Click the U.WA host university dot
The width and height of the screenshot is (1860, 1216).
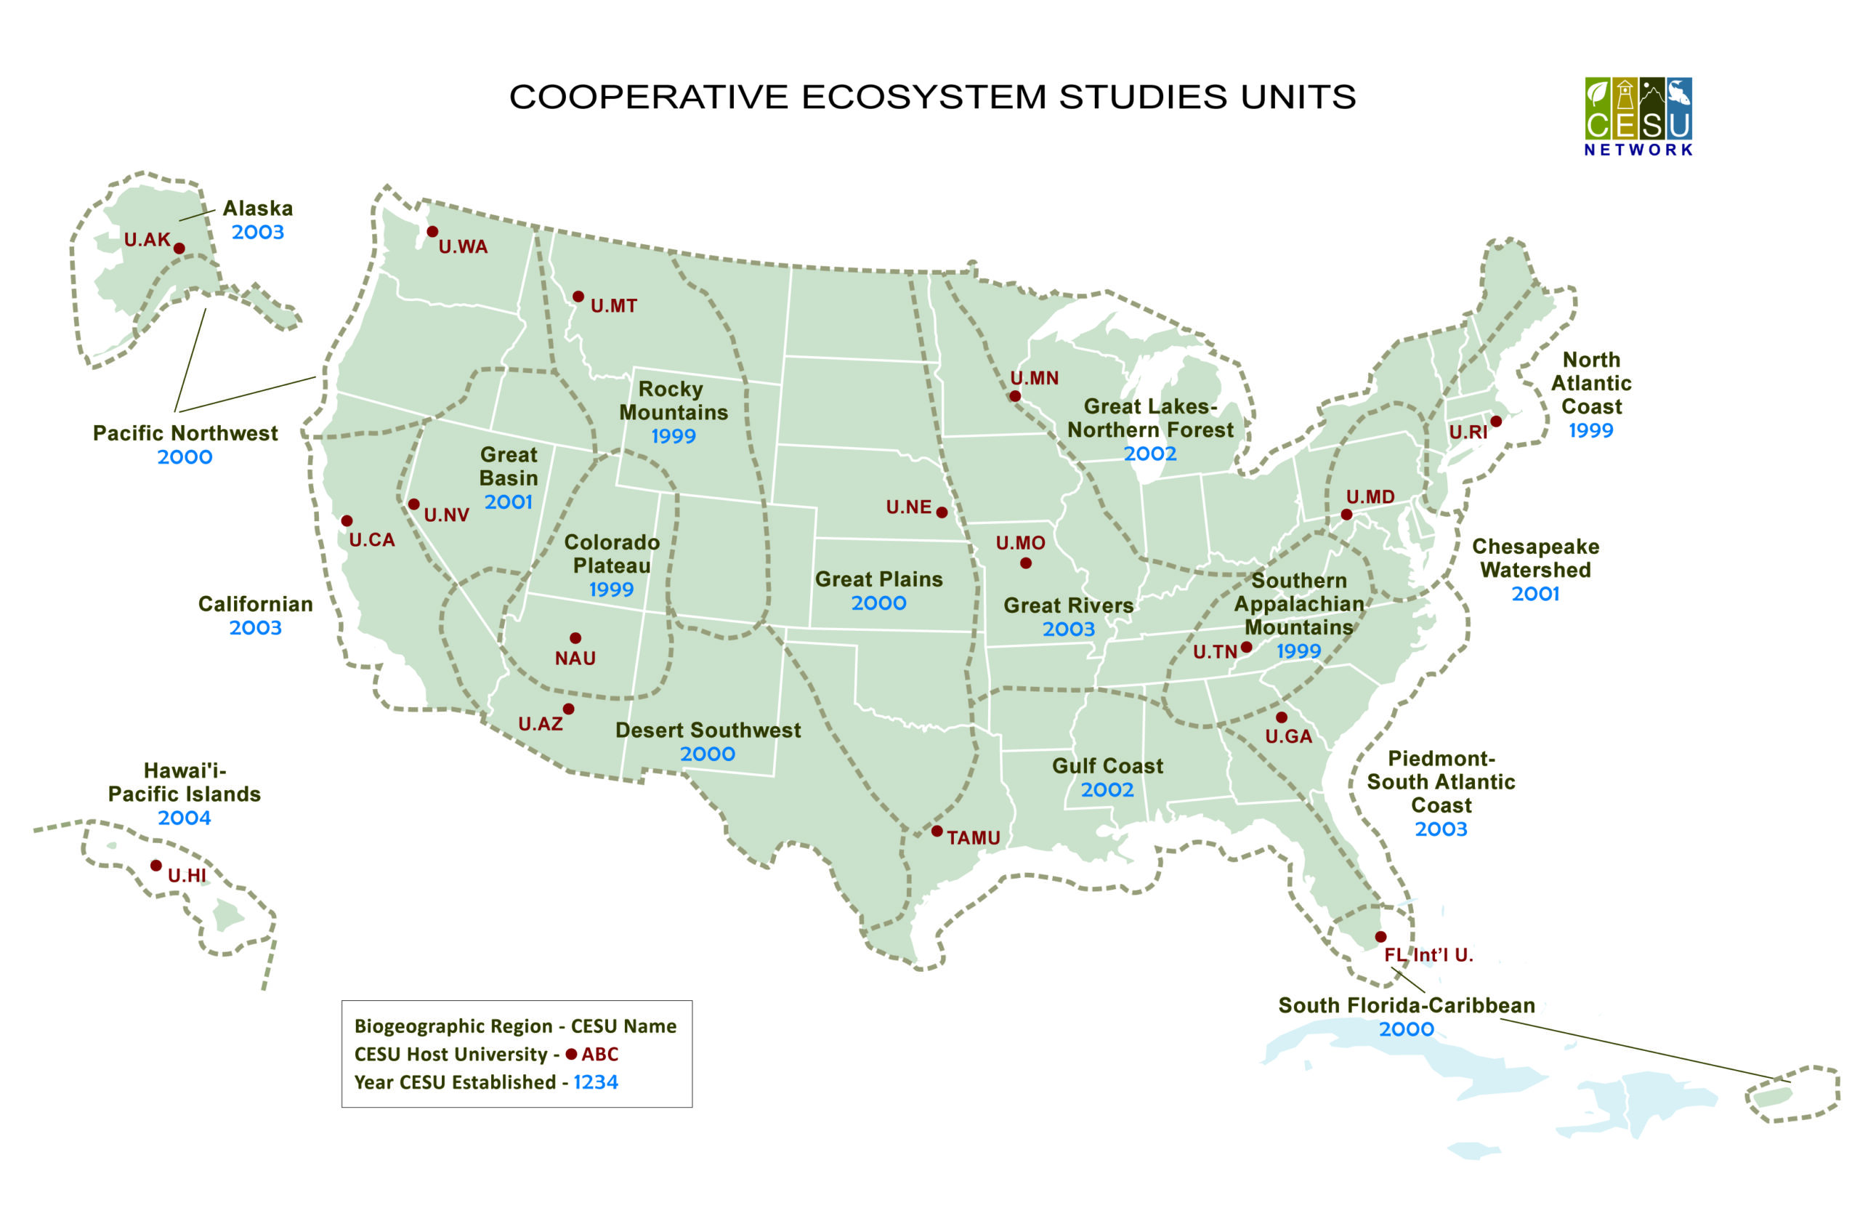432,231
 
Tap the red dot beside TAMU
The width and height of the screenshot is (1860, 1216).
937,831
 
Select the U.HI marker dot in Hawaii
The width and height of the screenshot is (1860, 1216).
156,865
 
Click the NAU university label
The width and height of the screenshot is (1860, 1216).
575,659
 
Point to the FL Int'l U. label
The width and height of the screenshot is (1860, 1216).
1428,955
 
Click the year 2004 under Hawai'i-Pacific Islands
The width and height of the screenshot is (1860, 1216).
185,818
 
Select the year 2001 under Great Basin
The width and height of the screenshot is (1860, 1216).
508,502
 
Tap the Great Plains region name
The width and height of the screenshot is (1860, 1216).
878,579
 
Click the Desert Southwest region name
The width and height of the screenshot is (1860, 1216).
708,730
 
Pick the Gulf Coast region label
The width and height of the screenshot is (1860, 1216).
1107,766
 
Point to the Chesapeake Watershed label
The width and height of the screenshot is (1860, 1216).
1535,558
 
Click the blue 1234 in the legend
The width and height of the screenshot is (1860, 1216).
596,1082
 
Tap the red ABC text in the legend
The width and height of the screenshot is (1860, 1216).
599,1054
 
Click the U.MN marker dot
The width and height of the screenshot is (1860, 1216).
1014,396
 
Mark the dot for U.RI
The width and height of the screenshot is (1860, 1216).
1496,422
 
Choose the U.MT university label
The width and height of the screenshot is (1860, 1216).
613,306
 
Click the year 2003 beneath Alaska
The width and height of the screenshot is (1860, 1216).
258,233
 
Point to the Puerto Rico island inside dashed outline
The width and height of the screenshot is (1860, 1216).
1773,1097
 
